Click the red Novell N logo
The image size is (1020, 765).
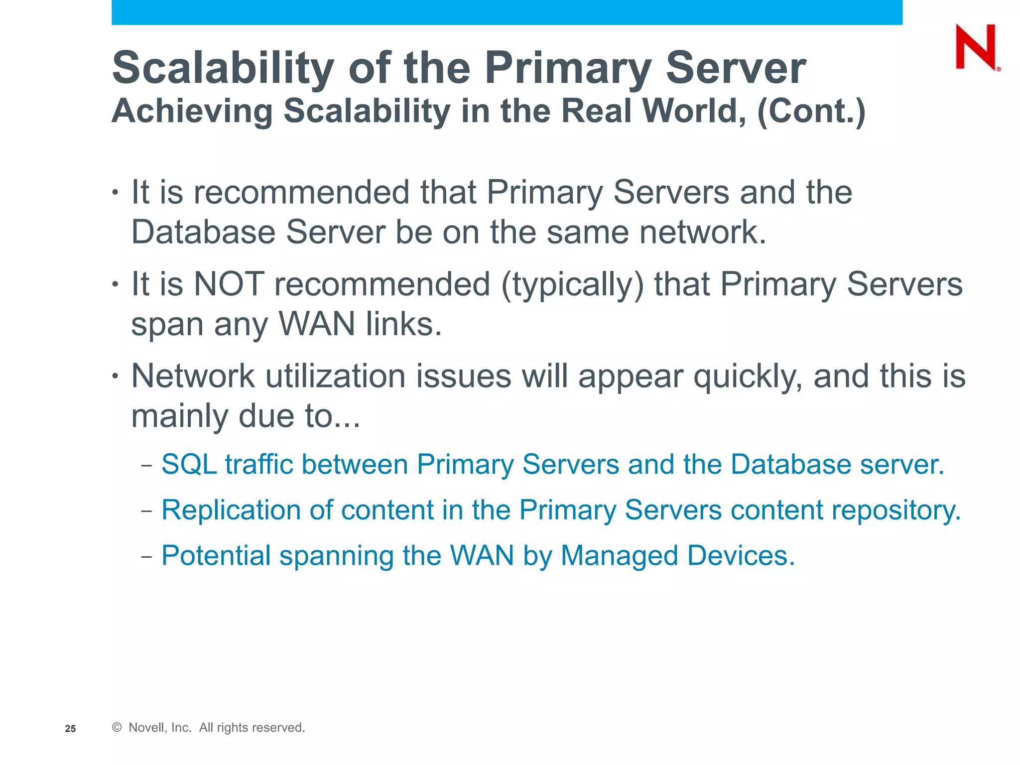(x=977, y=47)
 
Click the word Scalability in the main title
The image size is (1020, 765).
(x=223, y=68)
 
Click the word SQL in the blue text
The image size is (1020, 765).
(x=189, y=464)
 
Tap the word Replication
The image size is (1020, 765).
(x=230, y=510)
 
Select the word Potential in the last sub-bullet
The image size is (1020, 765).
(x=215, y=556)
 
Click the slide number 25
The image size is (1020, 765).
(x=71, y=729)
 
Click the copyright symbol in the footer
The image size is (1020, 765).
(x=117, y=728)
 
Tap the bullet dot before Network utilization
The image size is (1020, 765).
(x=115, y=376)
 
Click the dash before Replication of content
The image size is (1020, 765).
(x=146, y=511)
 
